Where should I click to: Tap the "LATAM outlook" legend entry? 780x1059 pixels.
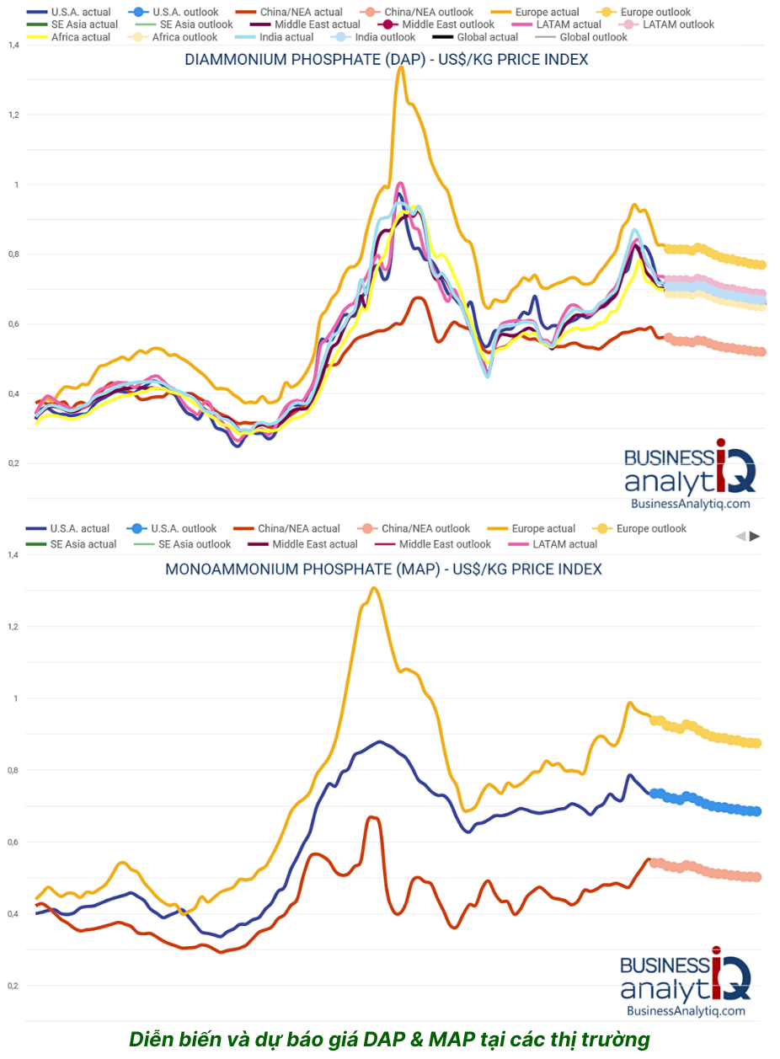[679, 24]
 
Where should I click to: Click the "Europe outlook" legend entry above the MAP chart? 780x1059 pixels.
[651, 528]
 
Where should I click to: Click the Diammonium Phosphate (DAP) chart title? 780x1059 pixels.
[386, 59]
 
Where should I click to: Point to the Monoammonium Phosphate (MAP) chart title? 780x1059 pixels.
[383, 569]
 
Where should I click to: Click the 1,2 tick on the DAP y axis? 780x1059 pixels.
[12, 115]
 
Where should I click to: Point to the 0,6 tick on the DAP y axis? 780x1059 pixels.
[12, 324]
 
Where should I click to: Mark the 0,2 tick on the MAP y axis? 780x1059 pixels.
[12, 986]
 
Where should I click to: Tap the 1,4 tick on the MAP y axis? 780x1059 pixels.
[12, 554]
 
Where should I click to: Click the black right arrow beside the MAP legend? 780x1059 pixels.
[755, 536]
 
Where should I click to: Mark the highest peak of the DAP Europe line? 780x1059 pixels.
[402, 67]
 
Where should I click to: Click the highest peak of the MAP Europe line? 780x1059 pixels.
[373, 588]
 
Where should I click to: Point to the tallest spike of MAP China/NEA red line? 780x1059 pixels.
[371, 816]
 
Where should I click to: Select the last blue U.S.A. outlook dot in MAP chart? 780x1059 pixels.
[756, 811]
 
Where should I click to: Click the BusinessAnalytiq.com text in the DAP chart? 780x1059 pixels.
[690, 503]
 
